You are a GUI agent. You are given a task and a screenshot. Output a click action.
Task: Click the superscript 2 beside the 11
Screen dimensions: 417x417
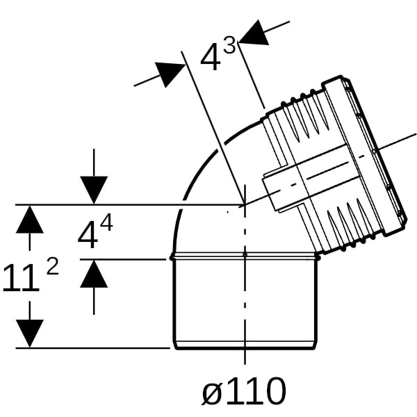52,267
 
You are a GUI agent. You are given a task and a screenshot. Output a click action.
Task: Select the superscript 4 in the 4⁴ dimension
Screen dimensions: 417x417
107,224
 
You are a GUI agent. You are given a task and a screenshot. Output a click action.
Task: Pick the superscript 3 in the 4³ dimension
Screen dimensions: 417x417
229,44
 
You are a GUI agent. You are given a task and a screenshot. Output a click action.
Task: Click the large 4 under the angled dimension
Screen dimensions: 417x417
211,57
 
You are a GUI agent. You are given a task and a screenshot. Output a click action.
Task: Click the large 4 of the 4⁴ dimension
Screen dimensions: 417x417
88,236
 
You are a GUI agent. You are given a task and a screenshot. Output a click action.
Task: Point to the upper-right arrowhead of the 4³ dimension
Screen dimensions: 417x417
254,33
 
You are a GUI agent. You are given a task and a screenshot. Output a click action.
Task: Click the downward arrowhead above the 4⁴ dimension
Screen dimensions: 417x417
94,190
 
